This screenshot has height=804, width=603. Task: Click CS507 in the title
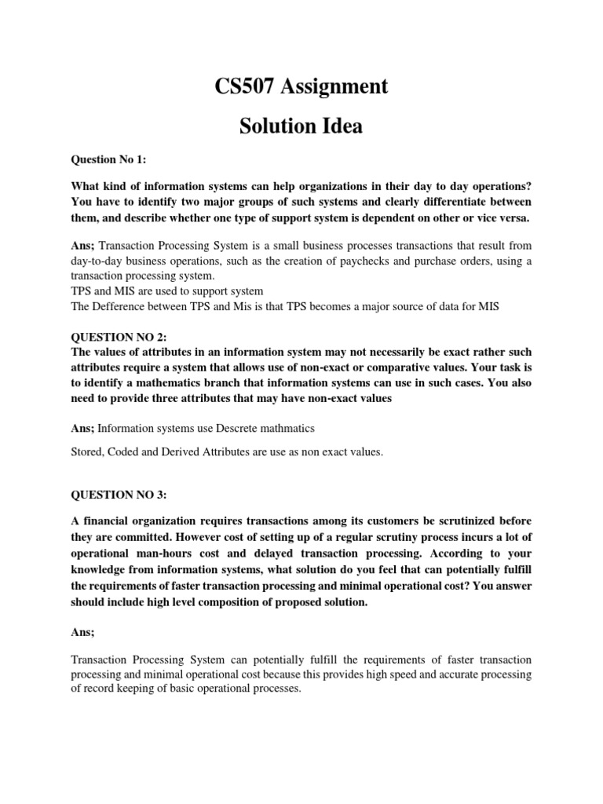coord(247,87)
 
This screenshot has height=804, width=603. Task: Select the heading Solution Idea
coord(301,126)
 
